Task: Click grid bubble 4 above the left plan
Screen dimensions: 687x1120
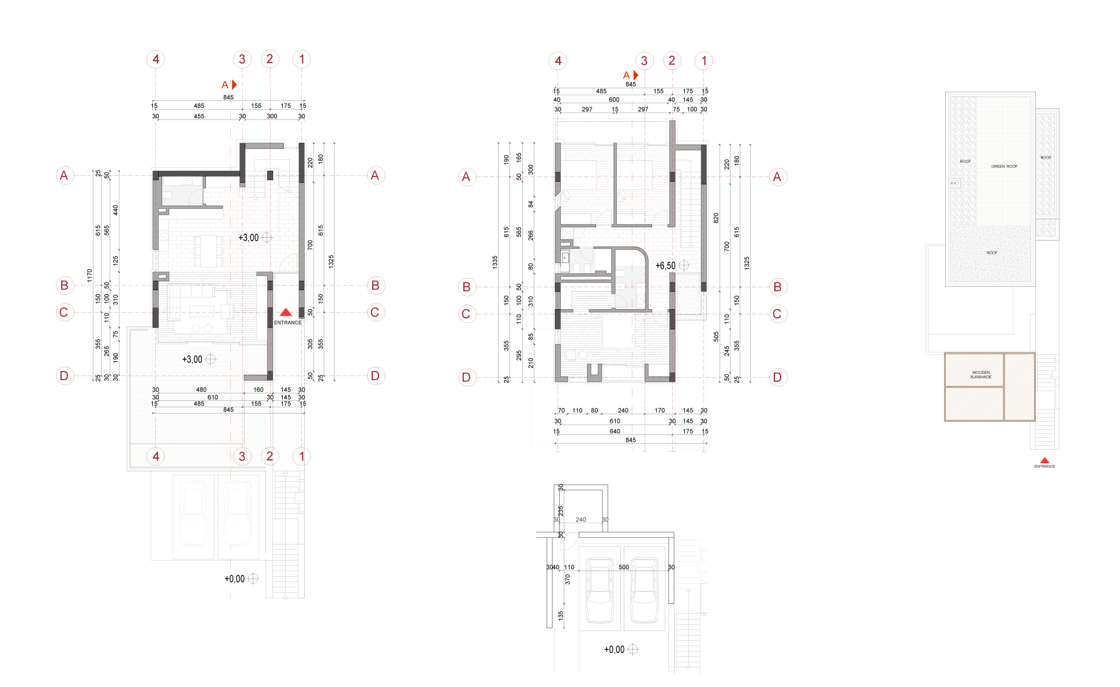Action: click(x=156, y=59)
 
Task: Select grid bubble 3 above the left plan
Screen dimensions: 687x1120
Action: click(x=242, y=59)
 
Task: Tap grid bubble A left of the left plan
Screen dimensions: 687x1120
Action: click(x=65, y=175)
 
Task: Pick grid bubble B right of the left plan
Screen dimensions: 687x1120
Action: click(x=376, y=285)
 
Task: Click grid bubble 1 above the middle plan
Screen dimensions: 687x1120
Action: click(x=703, y=61)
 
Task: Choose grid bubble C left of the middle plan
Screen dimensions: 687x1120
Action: click(x=467, y=314)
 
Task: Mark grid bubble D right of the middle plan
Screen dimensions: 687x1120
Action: click(x=777, y=377)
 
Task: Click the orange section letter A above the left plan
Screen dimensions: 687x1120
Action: click(x=225, y=85)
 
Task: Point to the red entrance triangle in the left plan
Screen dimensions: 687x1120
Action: click(x=286, y=312)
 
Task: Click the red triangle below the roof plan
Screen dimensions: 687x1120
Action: click(x=1044, y=460)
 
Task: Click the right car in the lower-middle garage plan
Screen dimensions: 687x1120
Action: click(x=644, y=590)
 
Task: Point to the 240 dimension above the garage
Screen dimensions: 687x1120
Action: click(x=580, y=520)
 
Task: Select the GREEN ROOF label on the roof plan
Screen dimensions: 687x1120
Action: click(x=1004, y=167)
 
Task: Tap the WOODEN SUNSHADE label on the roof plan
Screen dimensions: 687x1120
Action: click(x=980, y=375)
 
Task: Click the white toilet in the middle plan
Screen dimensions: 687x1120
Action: click(x=570, y=355)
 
